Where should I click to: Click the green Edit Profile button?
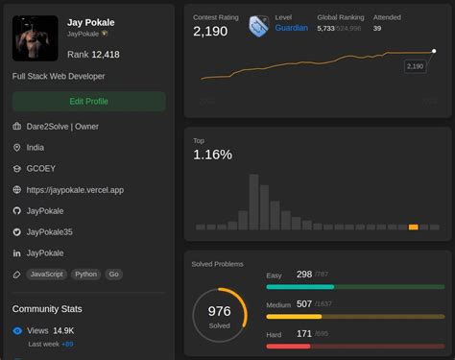pos(88,101)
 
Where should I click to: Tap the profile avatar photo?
pos(36,37)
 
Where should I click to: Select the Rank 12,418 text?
pos(93,55)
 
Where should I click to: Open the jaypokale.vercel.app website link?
pos(75,190)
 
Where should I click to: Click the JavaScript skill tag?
pos(46,275)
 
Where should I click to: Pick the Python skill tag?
pos(86,275)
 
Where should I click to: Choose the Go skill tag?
pos(114,275)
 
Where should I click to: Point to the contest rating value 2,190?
pos(210,32)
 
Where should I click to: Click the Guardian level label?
pos(291,29)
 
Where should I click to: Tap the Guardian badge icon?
pos(258,26)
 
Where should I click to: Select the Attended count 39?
pos(377,29)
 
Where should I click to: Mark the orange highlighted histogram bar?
pos(413,227)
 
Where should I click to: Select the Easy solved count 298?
pos(303,275)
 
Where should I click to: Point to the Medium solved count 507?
pos(303,304)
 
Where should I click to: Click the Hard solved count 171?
pos(303,334)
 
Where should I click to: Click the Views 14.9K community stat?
pos(52,330)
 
